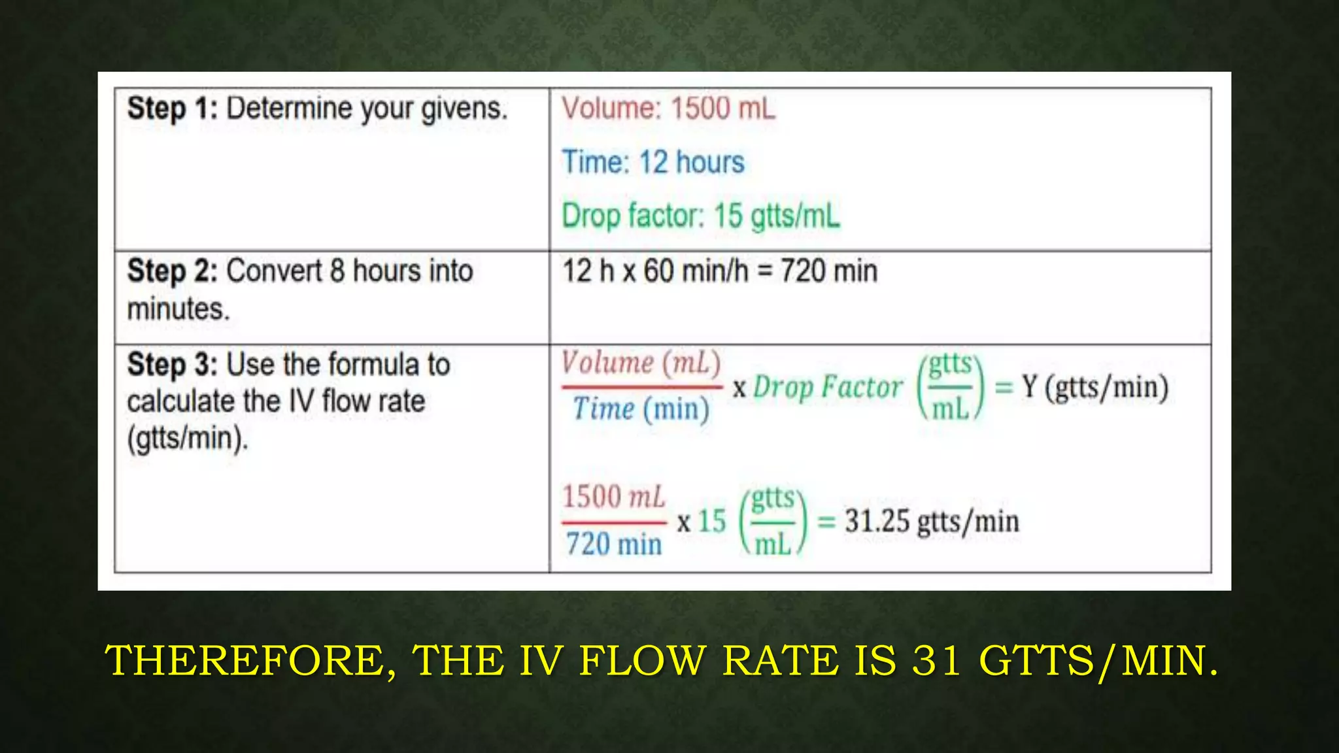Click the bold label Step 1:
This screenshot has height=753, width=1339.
(172, 108)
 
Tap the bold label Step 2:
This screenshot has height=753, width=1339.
(172, 271)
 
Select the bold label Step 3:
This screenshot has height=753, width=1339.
(172, 364)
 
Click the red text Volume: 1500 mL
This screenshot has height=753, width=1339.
(668, 109)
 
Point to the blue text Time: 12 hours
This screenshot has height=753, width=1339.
(653, 162)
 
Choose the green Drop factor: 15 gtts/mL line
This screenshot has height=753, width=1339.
(700, 216)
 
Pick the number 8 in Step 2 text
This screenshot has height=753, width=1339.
(337, 271)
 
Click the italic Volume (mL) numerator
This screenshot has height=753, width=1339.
(641, 363)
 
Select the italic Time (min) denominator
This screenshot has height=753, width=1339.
(641, 410)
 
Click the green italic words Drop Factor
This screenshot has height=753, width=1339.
(828, 387)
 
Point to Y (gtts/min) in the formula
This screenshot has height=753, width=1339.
(1095, 387)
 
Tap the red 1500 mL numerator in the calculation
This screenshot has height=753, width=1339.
(613, 497)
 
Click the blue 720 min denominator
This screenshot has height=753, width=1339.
(613, 544)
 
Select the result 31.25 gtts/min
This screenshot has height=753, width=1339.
(931, 522)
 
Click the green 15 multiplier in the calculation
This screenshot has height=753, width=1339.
(712, 522)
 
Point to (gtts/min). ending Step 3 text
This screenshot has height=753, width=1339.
(188, 438)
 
